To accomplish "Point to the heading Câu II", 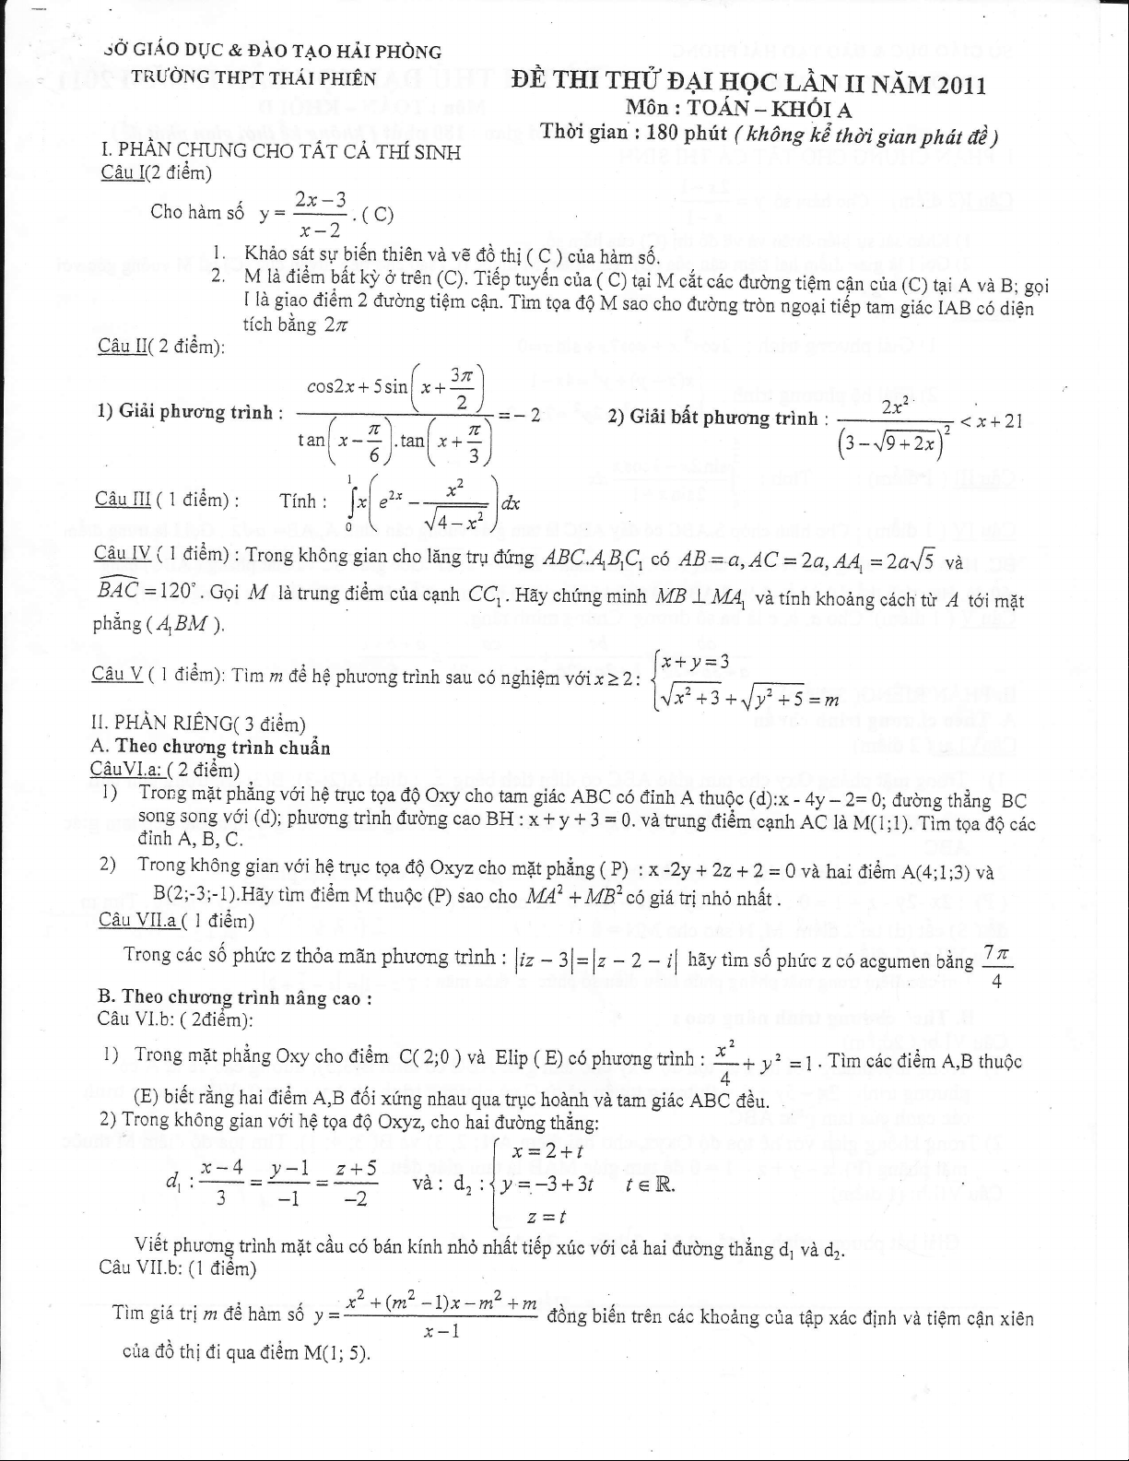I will coord(161,346).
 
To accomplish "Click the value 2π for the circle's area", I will coord(335,324).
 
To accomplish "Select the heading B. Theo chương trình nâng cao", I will coord(234,997).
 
